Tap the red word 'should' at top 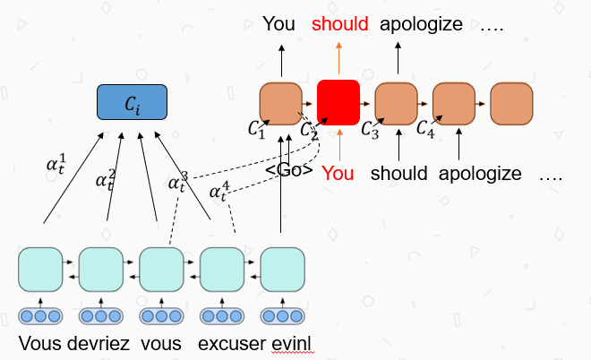tap(340, 24)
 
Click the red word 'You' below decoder tap(338, 173)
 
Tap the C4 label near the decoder tap(427, 129)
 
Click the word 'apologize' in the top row tap(421, 24)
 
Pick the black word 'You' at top tap(279, 24)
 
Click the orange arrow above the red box tap(338, 58)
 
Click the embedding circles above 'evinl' tap(282, 316)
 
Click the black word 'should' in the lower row tap(398, 173)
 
